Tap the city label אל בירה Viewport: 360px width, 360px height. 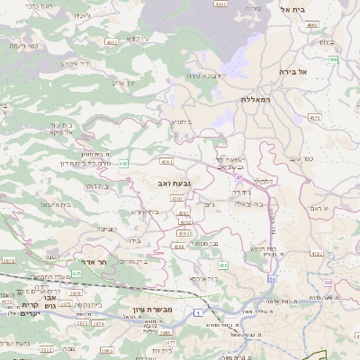[x=293, y=71]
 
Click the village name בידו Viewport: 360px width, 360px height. [x=130, y=240]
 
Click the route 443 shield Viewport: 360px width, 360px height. [x=122, y=164]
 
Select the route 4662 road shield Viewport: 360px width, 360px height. [x=112, y=41]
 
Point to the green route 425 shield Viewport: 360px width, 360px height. [x=76, y=272]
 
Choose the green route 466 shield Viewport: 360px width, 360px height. [x=333, y=59]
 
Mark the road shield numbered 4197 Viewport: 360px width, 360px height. [x=316, y=253]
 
